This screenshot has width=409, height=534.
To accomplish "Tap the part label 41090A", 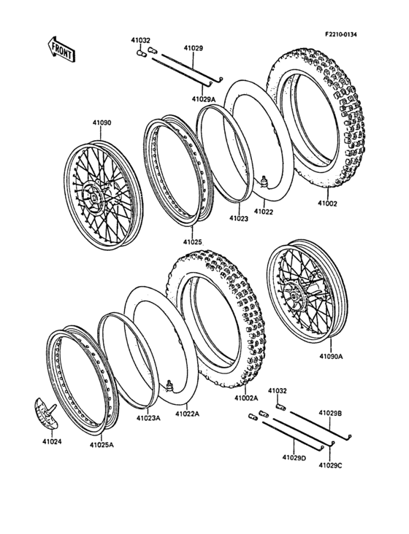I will pyautogui.click(x=331, y=357).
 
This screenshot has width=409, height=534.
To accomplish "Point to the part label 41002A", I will pyautogui.click(x=248, y=398).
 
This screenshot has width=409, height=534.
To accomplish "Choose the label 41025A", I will pyautogui.click(x=102, y=444).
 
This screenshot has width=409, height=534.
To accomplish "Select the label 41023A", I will pyautogui.click(x=148, y=418).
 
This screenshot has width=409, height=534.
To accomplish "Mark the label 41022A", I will pyautogui.click(x=187, y=414).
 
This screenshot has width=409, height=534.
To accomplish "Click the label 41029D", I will pyautogui.click(x=294, y=457).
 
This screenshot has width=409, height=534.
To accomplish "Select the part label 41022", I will pyautogui.click(x=264, y=212).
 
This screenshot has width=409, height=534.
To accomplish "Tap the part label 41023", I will pyautogui.click(x=239, y=217).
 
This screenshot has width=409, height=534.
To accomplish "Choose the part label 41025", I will pyautogui.click(x=192, y=240).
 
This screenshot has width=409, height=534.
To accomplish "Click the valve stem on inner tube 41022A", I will pyautogui.click(x=169, y=384).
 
